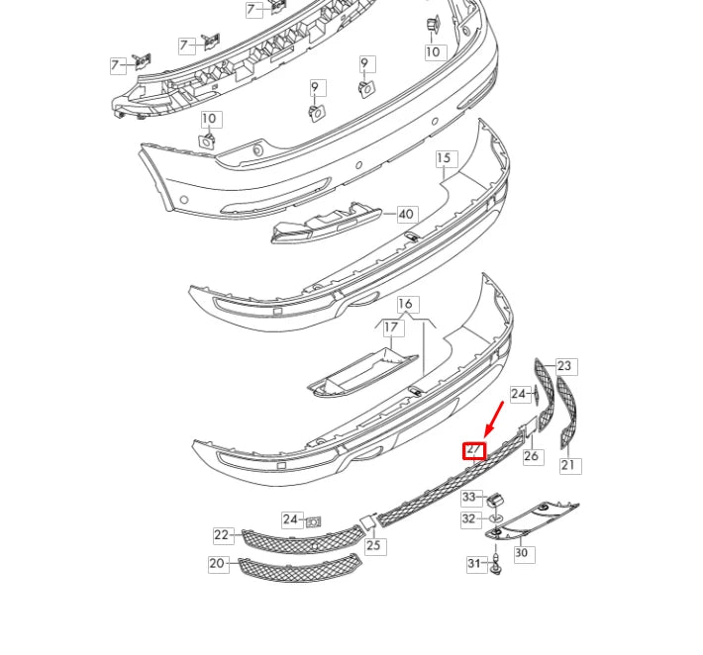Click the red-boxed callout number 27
[x=474, y=450]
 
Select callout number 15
[x=443, y=158]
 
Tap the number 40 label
[x=406, y=214]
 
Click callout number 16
[x=405, y=304]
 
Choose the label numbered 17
[x=392, y=327]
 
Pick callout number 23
[x=564, y=366]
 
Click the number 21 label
[x=568, y=464]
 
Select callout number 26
[x=532, y=456]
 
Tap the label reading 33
[x=469, y=497]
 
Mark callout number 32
[x=469, y=518]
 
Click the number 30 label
[x=521, y=553]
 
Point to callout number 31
[x=474, y=563]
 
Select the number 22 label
[x=221, y=535]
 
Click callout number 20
[x=217, y=563]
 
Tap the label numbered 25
[x=373, y=545]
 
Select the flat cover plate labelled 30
[x=535, y=520]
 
